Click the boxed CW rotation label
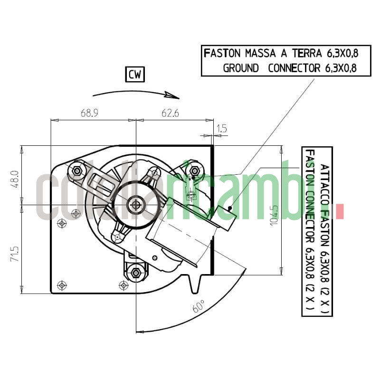[x=135, y=75]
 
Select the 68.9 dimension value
[x=89, y=114]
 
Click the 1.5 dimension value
[x=222, y=128]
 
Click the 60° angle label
[x=199, y=306]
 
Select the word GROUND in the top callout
[x=241, y=68]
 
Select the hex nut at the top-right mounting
[x=194, y=171]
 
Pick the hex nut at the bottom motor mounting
[x=136, y=273]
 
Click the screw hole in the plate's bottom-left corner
[x=61, y=285]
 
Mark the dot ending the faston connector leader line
[x=230, y=208]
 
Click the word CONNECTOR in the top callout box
[x=294, y=68]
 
